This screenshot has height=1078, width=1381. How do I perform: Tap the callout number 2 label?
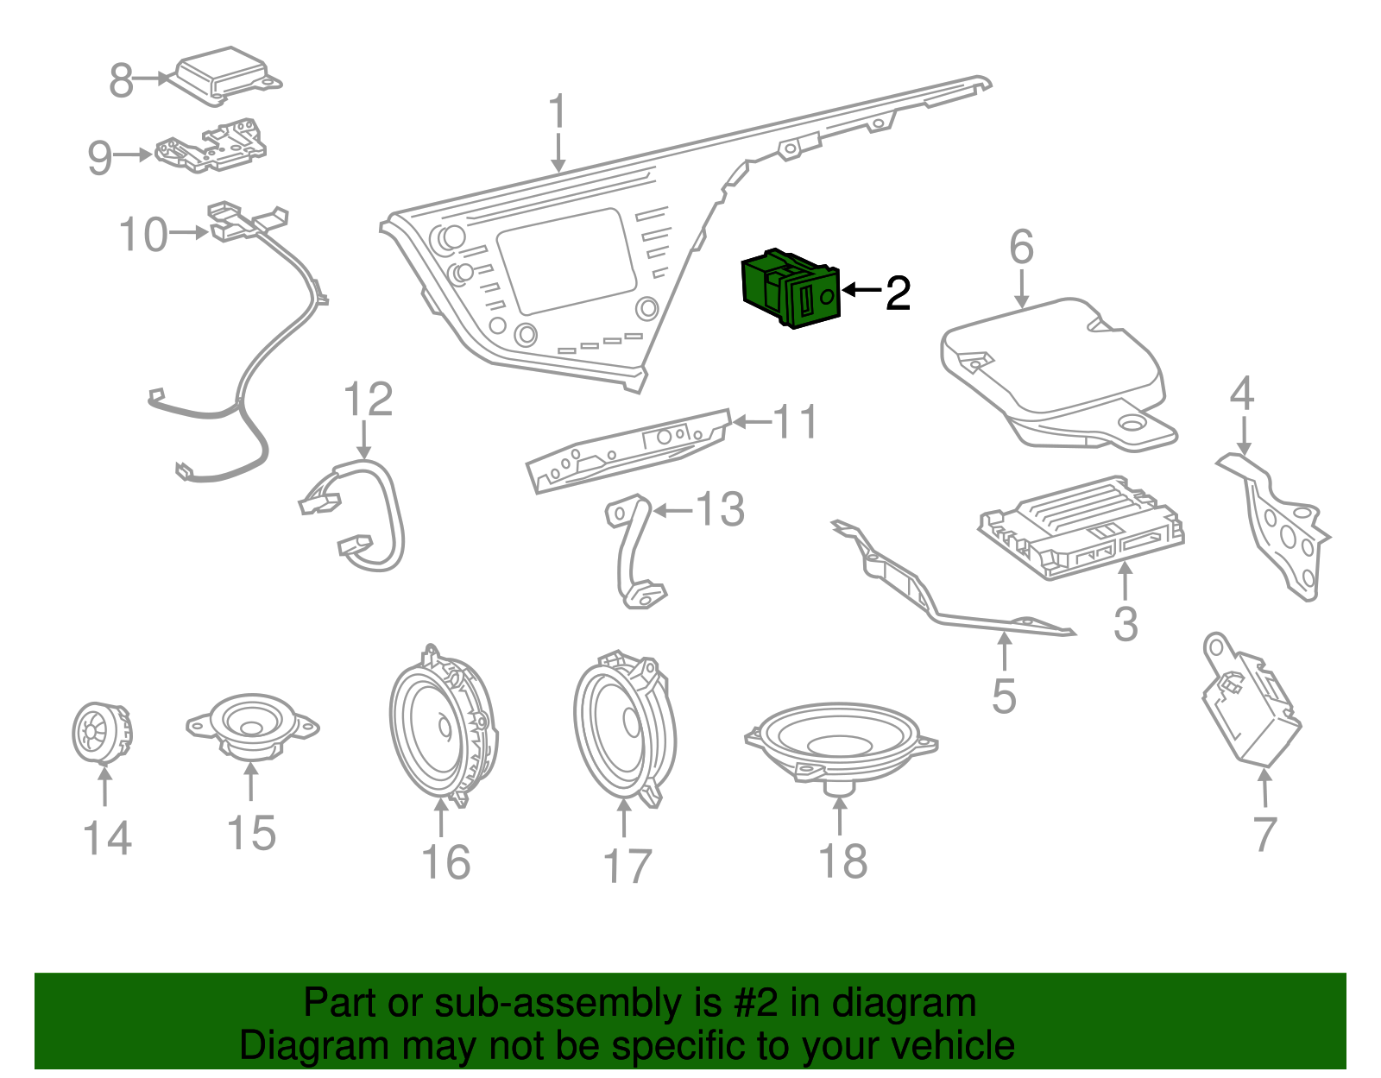(898, 293)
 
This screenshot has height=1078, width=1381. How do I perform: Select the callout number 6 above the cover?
(1021, 248)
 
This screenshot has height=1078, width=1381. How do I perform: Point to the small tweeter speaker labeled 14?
(101, 734)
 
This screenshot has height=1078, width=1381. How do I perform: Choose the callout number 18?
(842, 861)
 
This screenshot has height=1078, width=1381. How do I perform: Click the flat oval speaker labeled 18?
(842, 742)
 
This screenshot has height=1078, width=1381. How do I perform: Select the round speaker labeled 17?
(625, 729)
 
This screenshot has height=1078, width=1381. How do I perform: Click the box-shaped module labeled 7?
(1252, 712)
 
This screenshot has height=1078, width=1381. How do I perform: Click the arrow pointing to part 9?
(133, 155)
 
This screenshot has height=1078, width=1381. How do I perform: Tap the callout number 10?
(142, 235)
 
